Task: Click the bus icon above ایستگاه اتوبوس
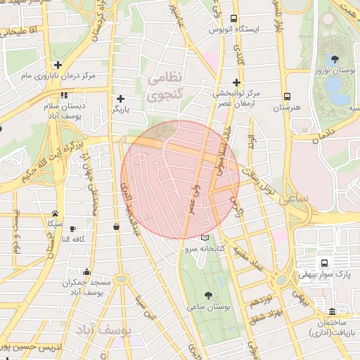pyautogui.click(x=234, y=19)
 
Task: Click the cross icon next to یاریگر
pyautogui.click(x=120, y=98)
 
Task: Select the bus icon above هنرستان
pyautogui.click(x=287, y=96)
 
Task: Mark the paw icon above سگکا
pyautogui.click(x=55, y=213)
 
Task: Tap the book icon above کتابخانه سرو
pyautogui.click(x=205, y=238)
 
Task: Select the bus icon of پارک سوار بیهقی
pyautogui.click(x=323, y=263)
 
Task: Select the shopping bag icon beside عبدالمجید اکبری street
pyautogui.click(x=116, y=226)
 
